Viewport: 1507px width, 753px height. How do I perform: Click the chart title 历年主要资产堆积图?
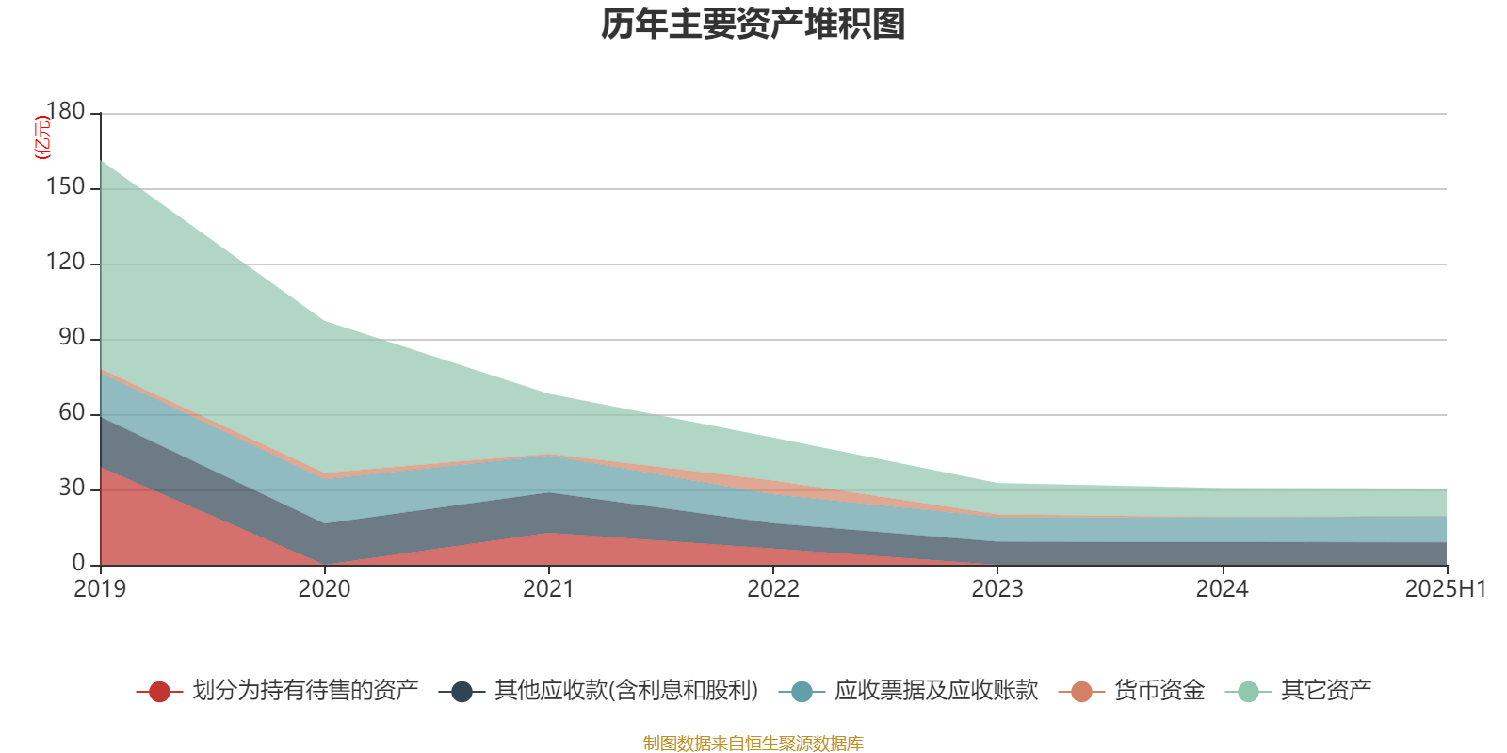point(753,24)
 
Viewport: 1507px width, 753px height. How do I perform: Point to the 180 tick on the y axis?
point(65,112)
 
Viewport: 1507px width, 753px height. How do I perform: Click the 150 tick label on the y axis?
point(65,187)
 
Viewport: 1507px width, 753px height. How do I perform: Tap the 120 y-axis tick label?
point(65,263)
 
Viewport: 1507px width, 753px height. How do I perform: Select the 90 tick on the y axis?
point(72,338)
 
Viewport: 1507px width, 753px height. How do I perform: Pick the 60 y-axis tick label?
point(72,413)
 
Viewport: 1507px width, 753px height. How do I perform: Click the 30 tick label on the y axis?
point(72,489)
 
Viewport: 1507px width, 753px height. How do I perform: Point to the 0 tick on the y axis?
point(78,564)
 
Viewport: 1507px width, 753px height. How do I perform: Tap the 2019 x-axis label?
point(100,589)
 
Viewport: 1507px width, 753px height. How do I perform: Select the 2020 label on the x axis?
point(324,589)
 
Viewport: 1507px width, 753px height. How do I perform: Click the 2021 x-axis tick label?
point(548,589)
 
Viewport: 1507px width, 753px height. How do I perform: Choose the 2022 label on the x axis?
point(772,589)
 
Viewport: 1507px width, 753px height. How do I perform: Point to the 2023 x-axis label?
point(997,589)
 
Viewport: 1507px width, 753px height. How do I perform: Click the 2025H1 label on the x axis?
point(1444,589)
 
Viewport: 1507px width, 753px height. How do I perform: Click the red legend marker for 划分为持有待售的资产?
point(159,692)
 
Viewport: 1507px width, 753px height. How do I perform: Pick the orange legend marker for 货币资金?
point(1081,692)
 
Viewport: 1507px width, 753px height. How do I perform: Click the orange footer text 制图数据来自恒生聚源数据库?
point(753,744)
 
